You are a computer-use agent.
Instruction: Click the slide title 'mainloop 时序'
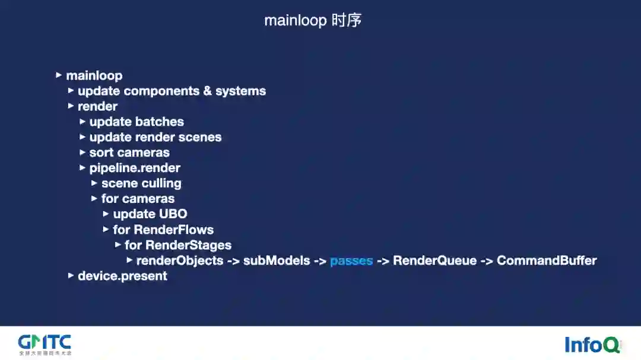pyautogui.click(x=313, y=20)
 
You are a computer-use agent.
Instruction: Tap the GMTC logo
pyautogui.click(x=45, y=343)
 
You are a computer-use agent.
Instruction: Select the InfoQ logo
pyautogui.click(x=592, y=344)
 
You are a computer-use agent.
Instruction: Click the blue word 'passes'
pyautogui.click(x=351, y=260)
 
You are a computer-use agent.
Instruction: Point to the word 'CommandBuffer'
pyautogui.click(x=546, y=260)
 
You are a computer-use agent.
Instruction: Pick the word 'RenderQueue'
pyautogui.click(x=434, y=260)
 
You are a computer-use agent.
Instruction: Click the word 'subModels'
pyautogui.click(x=277, y=260)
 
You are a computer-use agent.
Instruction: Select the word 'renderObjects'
pyautogui.click(x=180, y=260)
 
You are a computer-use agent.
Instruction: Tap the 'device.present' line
pyautogui.click(x=122, y=276)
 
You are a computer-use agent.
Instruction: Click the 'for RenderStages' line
pyautogui.click(x=177, y=245)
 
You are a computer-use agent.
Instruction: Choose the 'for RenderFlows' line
pyautogui.click(x=163, y=230)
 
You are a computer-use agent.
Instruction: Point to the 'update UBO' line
pyautogui.click(x=150, y=214)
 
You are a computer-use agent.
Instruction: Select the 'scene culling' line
pyautogui.click(x=141, y=183)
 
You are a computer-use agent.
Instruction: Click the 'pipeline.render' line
pyautogui.click(x=135, y=168)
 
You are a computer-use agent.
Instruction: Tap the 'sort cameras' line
pyautogui.click(x=129, y=152)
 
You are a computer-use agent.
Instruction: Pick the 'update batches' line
pyautogui.click(x=137, y=122)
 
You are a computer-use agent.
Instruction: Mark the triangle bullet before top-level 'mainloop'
pyautogui.click(x=59, y=75)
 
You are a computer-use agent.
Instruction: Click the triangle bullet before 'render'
pyautogui.click(x=71, y=106)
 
